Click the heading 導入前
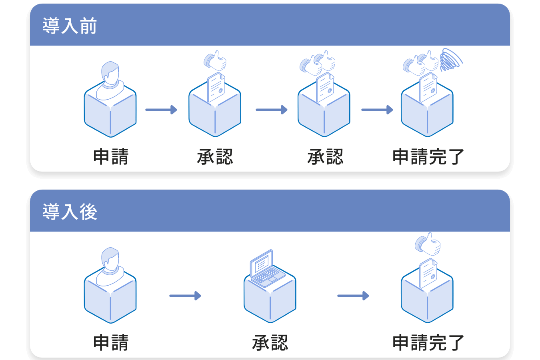tap(70, 26)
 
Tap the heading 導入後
tap(70, 212)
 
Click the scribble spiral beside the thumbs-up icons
tap(450, 60)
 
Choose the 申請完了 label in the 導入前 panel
tap(428, 157)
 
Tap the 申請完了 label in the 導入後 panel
tap(428, 343)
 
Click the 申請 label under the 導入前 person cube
tap(111, 157)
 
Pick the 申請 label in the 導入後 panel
tap(111, 343)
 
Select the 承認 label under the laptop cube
tap(270, 343)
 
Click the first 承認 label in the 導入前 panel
tap(215, 157)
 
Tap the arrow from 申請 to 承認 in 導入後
tap(185, 296)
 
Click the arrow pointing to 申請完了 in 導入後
tap(353, 296)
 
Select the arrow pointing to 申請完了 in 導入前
tap(377, 110)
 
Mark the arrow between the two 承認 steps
tap(271, 110)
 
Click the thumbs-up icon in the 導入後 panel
tap(428, 244)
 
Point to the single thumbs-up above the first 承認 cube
tap(215, 61)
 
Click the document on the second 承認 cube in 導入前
tap(325, 88)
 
